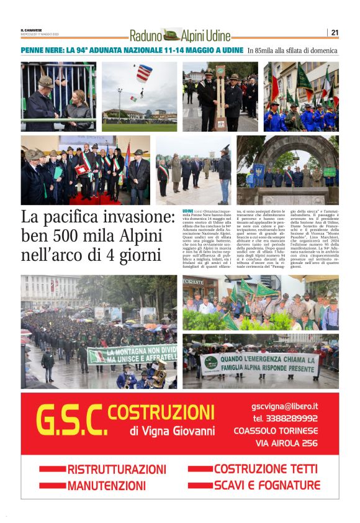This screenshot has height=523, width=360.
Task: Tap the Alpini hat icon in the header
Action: click(171, 35)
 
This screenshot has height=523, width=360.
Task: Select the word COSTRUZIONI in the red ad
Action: click(161, 411)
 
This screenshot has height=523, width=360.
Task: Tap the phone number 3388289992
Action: click(293, 418)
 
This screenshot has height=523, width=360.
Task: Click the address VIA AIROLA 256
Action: click(287, 443)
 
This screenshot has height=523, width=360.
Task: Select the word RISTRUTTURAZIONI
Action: click(117, 470)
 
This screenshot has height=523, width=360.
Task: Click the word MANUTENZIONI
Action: click(107, 486)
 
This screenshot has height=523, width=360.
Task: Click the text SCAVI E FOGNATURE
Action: click(267, 485)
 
